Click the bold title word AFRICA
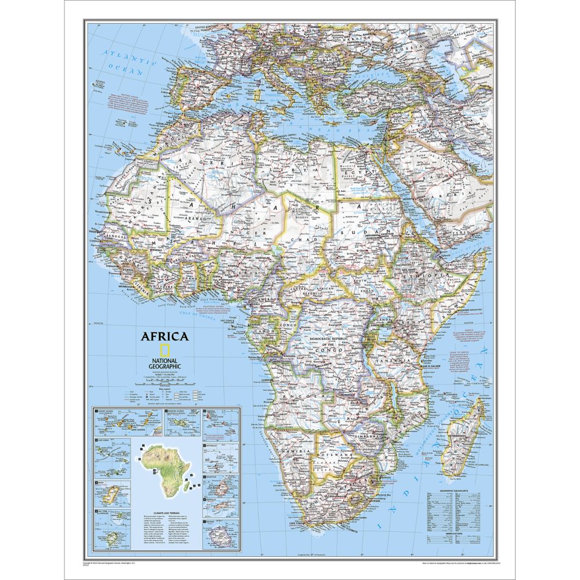click(x=164, y=336)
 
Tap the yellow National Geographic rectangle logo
click(x=165, y=351)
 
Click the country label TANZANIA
click(x=400, y=360)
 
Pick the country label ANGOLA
click(x=307, y=395)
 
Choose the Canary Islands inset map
click(x=126, y=423)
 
